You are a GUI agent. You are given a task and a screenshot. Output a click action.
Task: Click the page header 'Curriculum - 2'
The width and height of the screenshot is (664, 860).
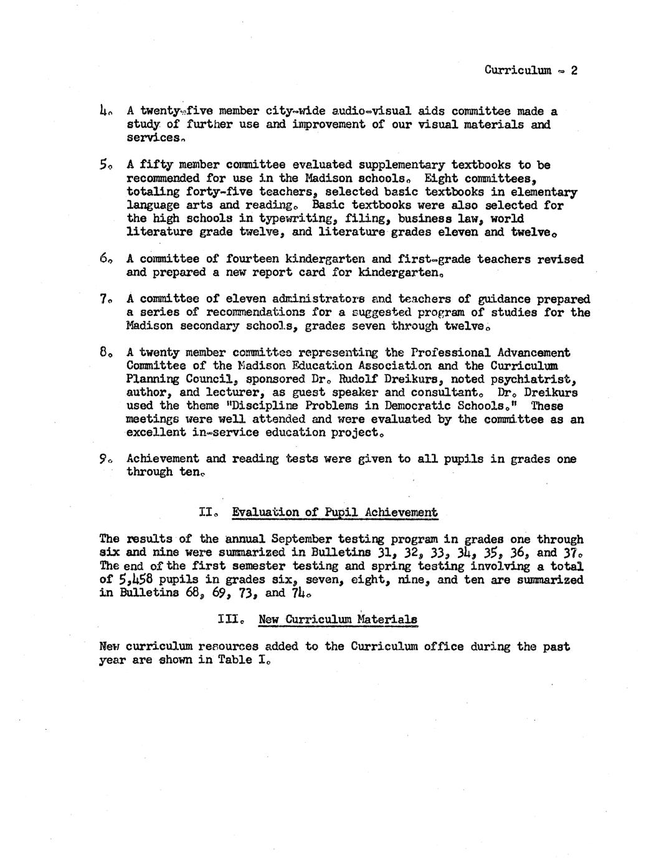[531, 70]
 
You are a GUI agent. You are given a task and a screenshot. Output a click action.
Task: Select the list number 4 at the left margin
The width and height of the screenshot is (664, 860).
[104, 112]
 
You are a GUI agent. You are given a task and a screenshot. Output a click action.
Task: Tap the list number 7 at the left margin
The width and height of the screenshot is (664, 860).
[104, 299]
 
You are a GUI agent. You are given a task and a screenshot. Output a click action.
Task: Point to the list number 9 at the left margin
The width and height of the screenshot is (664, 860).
[104, 459]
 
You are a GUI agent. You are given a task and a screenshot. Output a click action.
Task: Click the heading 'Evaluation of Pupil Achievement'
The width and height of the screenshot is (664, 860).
[334, 513]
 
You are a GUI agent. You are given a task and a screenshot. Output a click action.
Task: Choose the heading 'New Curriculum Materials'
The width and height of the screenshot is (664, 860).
[338, 619]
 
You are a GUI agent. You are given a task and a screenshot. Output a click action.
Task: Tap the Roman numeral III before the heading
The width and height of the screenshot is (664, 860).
[229, 619]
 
